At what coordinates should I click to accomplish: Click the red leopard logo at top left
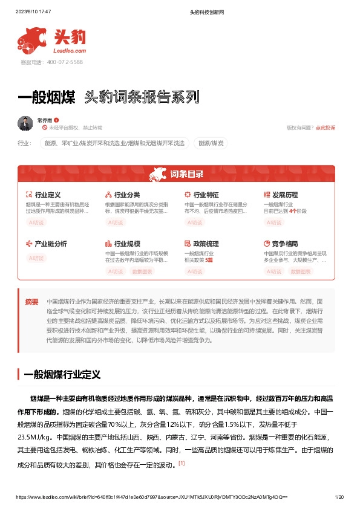[31, 39]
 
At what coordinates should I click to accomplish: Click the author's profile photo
[25, 123]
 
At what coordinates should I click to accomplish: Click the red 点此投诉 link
[325, 128]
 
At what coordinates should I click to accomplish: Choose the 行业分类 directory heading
[127, 195]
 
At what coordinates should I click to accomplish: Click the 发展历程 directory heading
[285, 195]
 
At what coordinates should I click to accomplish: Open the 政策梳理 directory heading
[206, 244]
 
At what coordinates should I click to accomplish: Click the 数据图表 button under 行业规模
[143, 271]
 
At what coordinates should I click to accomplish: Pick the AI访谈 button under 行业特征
[195, 222]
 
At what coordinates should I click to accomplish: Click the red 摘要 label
[31, 301]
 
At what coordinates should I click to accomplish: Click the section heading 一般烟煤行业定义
[62, 375]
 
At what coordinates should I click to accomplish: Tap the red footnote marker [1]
[181, 464]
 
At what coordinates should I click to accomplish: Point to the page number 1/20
[339, 497]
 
